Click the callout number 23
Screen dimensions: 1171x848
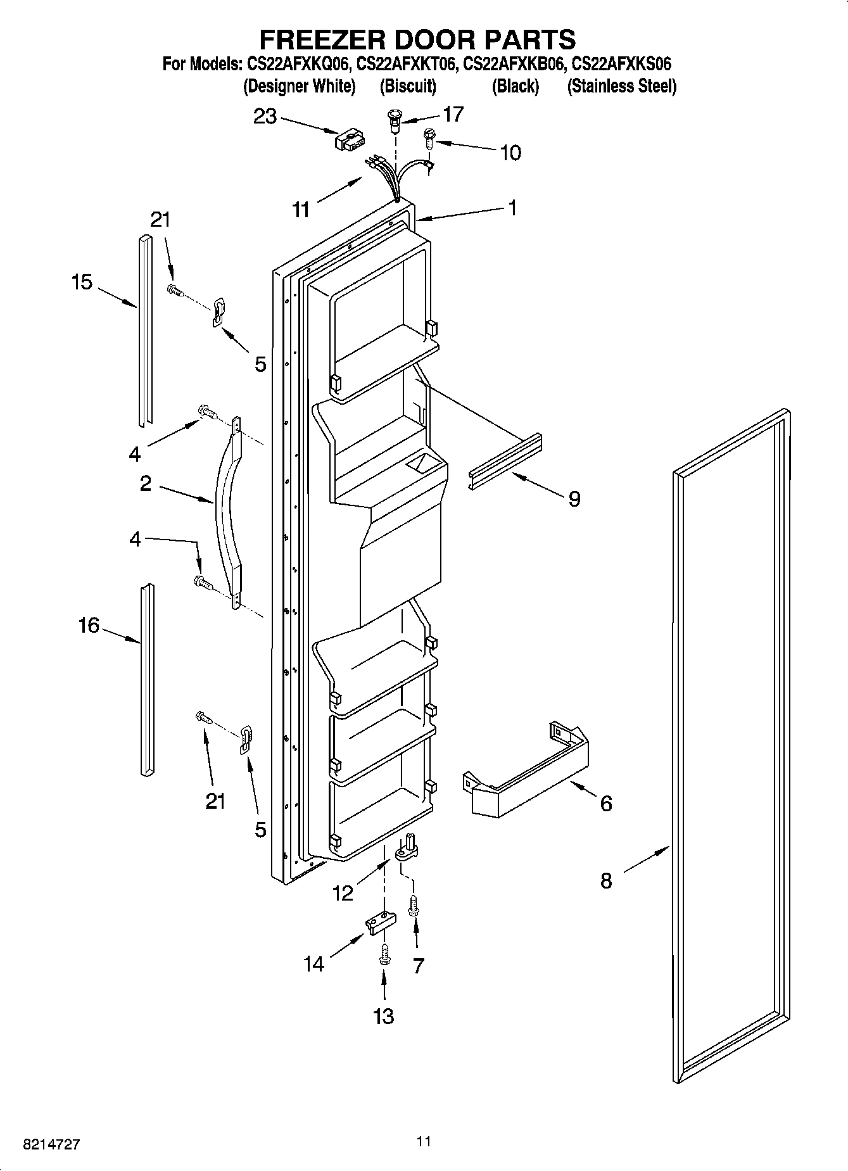coord(265,117)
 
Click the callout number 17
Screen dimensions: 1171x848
coord(453,114)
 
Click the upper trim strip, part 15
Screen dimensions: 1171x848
coord(145,329)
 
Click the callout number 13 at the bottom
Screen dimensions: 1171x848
coord(384,1016)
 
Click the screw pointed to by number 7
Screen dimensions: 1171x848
coord(415,906)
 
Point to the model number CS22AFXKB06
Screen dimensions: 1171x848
coord(514,64)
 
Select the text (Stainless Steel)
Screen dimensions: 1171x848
coord(622,86)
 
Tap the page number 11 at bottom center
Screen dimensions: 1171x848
coord(424,1141)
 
